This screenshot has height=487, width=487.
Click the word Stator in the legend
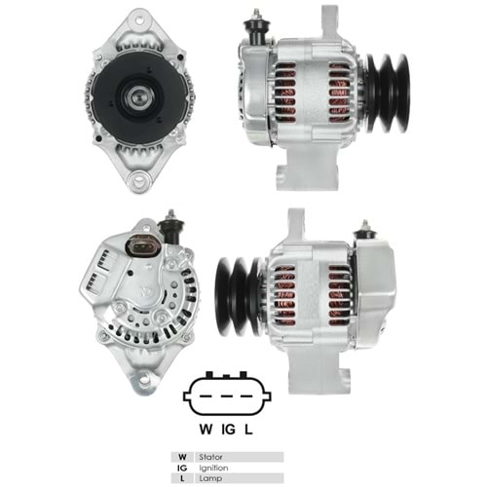[x=209, y=456]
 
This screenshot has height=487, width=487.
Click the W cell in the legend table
[x=180, y=456]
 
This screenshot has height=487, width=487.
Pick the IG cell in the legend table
[x=180, y=468]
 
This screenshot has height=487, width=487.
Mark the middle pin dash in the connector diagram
[x=227, y=396]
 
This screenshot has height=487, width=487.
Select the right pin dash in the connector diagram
[x=248, y=396]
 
